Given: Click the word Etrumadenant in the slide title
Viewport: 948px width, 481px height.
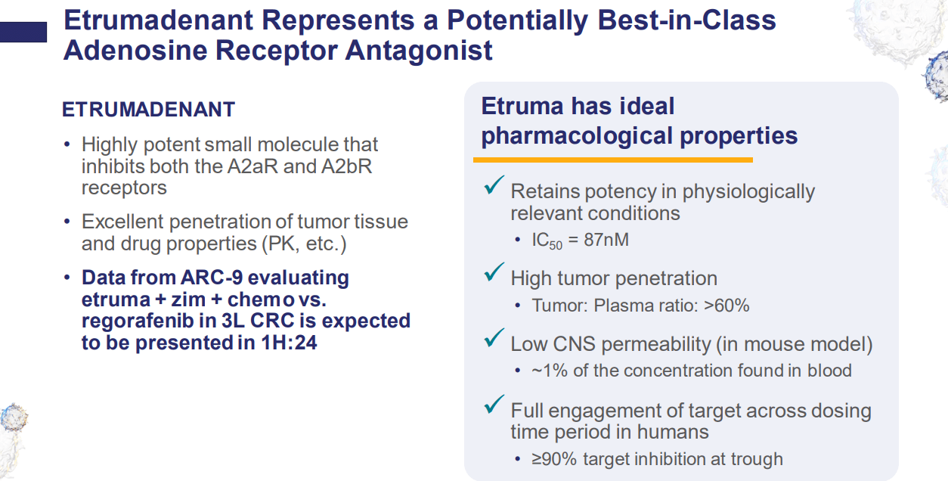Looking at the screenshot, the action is coord(158,20).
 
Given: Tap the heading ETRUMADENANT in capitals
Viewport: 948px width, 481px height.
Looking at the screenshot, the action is coord(148,110).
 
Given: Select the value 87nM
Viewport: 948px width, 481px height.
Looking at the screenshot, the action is coord(606,240).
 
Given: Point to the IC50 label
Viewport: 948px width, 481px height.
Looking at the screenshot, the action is coord(547,241).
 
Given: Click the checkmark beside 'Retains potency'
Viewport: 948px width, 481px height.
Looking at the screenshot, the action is coord(494,185).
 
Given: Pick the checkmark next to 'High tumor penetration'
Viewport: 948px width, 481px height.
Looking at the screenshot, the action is coord(494,272).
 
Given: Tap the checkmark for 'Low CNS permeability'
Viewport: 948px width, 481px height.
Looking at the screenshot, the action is coord(494,337).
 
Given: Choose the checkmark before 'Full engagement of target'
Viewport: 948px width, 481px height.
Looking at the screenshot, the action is coord(494,404).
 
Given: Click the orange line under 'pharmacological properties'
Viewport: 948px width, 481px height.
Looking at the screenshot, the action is coord(613,160).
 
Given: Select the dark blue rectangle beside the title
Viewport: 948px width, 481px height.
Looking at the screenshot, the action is coord(23,33).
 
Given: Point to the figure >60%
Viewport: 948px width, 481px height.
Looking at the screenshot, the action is coord(726,306).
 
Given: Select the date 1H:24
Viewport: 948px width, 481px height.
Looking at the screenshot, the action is coord(289,343).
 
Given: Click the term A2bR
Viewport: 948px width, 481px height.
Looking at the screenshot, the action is coord(346,166).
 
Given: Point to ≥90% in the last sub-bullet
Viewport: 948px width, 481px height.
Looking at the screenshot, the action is coord(554,459).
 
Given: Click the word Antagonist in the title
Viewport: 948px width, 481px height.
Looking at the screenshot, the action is coord(419,51).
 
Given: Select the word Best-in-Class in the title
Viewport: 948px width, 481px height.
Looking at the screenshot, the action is coord(686,20).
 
